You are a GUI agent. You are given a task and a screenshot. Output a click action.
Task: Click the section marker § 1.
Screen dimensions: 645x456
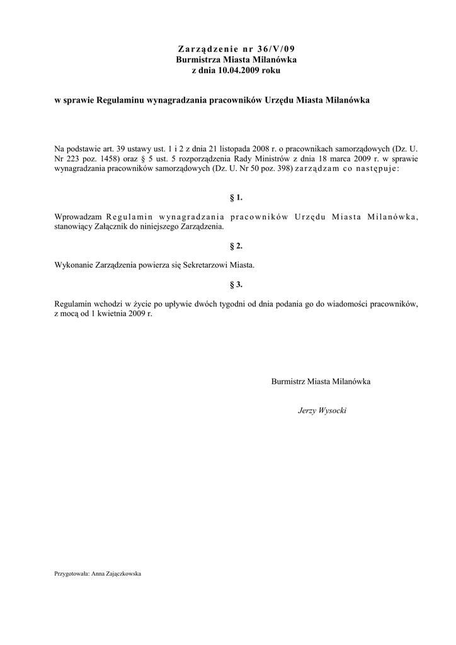pos(236,198)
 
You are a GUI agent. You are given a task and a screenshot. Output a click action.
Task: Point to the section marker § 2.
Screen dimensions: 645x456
pos(236,246)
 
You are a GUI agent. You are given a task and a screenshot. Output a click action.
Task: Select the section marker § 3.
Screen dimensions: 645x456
pos(236,285)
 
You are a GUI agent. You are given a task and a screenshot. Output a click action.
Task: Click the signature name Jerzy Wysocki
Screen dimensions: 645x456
pos(321,410)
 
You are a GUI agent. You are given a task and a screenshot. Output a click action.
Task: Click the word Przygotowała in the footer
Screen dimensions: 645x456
pos(72,574)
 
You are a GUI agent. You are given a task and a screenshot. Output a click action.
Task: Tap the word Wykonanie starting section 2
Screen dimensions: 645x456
pos(74,265)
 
